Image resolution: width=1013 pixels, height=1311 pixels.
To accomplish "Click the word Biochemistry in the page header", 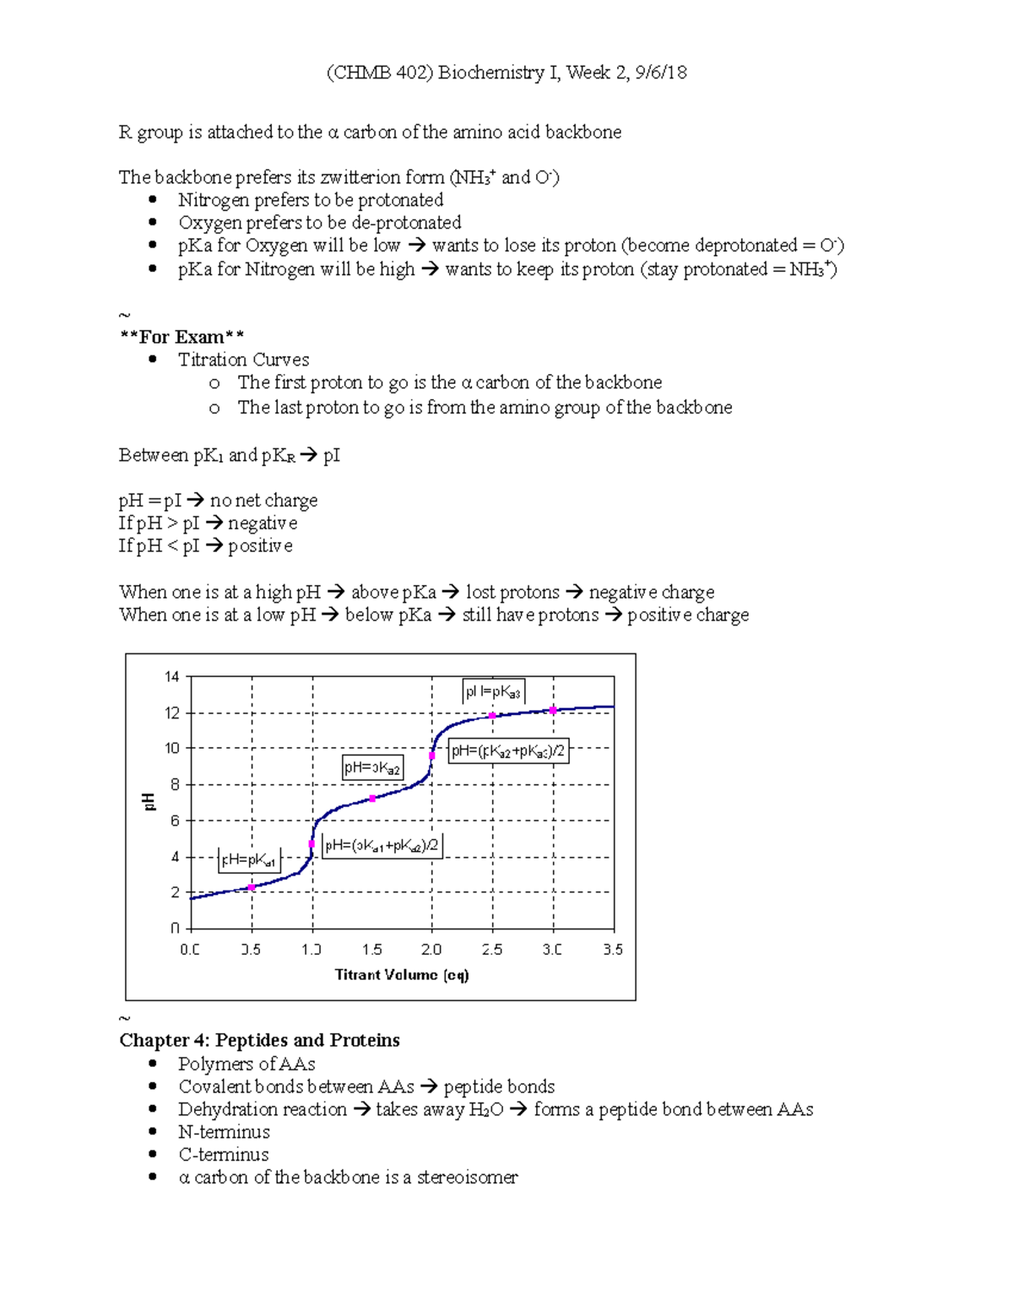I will click(x=490, y=73).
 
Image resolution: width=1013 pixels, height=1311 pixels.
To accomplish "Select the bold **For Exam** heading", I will click(x=181, y=337).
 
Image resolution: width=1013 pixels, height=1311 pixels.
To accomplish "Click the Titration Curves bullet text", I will click(x=243, y=360).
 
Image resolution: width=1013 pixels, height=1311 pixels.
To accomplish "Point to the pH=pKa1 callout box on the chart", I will click(x=248, y=860).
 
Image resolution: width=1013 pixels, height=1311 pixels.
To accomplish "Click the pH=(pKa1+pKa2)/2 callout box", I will click(x=382, y=845).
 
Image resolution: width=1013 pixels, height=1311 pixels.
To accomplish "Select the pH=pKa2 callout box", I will click(x=372, y=767).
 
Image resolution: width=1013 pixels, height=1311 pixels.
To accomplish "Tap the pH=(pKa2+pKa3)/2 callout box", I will click(x=507, y=750).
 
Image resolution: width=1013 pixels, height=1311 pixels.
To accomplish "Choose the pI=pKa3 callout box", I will click(x=493, y=691).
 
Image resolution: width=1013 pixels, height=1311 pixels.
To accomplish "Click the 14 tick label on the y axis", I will click(x=172, y=676).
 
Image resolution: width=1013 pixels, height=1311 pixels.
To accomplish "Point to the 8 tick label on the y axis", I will click(x=176, y=784).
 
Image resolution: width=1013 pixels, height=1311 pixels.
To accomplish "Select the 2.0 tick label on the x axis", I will click(x=431, y=950).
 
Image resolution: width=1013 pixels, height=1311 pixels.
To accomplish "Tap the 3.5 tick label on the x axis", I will click(x=613, y=950).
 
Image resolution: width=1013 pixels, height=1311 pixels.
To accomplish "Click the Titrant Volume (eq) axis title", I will click(x=402, y=975).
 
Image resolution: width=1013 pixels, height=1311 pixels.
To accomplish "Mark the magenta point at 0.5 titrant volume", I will click(x=252, y=887).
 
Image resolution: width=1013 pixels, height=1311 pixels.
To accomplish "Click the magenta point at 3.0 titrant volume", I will click(x=554, y=711).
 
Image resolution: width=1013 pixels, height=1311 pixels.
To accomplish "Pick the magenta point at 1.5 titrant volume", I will click(x=372, y=799).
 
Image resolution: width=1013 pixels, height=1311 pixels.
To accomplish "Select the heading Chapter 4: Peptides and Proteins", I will click(x=259, y=1040).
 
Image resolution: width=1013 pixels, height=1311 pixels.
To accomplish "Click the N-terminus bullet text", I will click(x=224, y=1132).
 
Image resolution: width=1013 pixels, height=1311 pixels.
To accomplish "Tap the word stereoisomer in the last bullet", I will click(x=467, y=1178).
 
